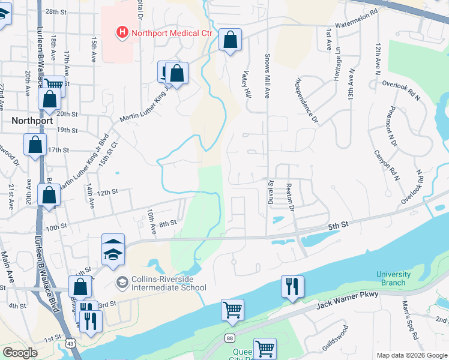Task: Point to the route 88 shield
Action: pos(231,339)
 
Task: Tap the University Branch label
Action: pos(394,278)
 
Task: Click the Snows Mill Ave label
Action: pos(268,73)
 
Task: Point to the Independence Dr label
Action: pos(306,100)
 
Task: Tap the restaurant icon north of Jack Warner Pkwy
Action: pos(292,286)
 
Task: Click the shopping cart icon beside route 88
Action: pos(232,310)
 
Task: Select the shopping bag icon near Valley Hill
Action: pos(230,40)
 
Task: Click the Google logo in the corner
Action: pos(19,353)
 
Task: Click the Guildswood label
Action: pos(335,337)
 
